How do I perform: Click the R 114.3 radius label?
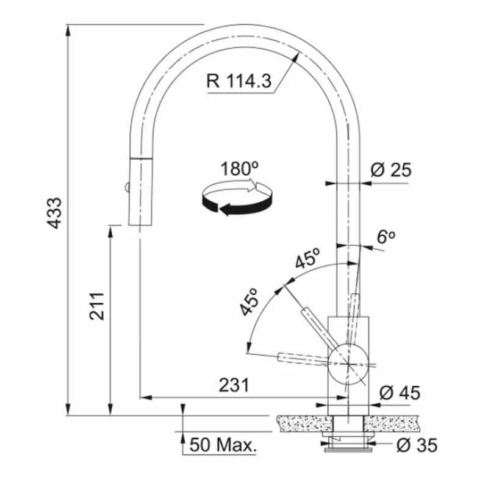(239, 81)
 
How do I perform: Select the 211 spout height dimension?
(96, 306)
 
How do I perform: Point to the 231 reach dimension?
(234, 385)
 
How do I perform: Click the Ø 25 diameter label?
(391, 170)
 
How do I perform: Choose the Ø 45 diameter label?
(400, 392)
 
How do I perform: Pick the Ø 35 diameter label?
(417, 445)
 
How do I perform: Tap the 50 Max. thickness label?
(223, 445)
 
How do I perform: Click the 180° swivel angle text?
(239, 168)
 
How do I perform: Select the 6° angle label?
(386, 237)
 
